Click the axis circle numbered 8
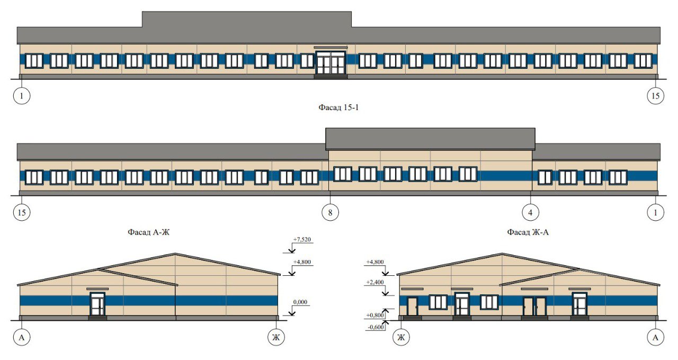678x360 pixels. tap(330, 212)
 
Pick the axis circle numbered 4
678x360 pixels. tap(530, 212)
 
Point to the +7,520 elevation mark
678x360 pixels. tap(302, 239)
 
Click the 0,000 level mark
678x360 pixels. tap(300, 302)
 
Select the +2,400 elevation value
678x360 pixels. tap(375, 283)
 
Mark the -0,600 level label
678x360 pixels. tap(375, 327)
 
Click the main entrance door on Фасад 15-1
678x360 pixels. tap(330, 63)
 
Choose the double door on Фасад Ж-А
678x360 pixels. tap(534, 307)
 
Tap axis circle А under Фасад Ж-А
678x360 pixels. tap(655, 337)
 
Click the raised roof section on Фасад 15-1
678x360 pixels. tap(247, 19)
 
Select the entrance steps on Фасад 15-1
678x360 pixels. tap(331, 77)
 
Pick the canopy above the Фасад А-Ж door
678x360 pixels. tap(97, 289)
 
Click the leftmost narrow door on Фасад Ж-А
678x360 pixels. tap(412, 306)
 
